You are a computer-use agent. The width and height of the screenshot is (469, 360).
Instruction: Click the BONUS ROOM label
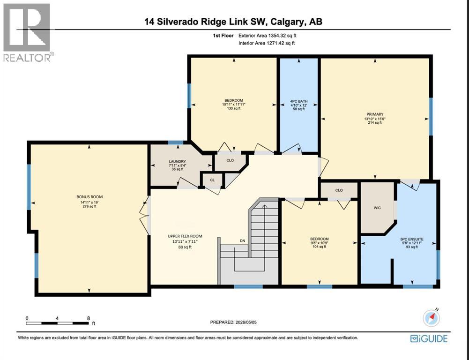[x=89, y=197]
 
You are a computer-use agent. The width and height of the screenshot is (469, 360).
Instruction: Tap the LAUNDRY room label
[x=178, y=162]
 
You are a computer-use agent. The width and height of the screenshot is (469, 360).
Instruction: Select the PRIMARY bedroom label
[x=375, y=114]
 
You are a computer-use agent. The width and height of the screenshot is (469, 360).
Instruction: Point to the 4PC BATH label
[x=298, y=101]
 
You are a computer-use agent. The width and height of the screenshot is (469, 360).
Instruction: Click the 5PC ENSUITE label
[x=411, y=239]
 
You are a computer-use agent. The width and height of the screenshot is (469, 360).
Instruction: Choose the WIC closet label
[x=377, y=208]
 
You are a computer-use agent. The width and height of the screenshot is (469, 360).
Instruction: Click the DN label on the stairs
[x=242, y=240]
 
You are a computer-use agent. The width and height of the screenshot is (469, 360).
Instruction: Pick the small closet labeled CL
[x=212, y=180]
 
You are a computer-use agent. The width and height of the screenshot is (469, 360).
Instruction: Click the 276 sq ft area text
[x=89, y=206]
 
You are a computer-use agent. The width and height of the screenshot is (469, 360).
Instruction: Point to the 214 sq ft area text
[x=375, y=122]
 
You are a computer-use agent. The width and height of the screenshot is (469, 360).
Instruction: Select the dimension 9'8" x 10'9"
[x=320, y=243]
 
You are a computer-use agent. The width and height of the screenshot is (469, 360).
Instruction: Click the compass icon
[x=432, y=318]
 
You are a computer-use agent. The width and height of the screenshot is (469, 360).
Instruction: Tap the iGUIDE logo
[x=429, y=338]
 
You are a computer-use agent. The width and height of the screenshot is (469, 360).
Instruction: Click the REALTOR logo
[x=29, y=32]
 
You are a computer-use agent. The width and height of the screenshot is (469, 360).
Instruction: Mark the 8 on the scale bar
[x=88, y=318]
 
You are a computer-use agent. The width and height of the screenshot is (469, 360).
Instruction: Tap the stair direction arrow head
[x=264, y=206]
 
